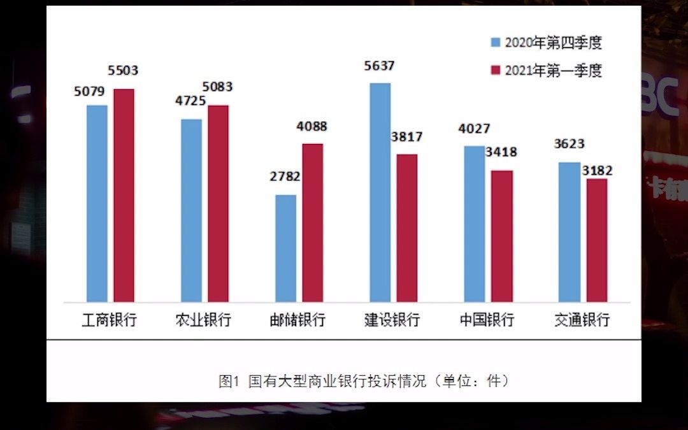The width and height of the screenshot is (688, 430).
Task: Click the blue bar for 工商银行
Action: coord(97,203)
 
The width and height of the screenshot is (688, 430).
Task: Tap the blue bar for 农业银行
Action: coord(191,210)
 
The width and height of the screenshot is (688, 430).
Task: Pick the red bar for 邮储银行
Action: coord(312,222)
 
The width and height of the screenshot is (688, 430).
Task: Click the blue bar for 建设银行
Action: coord(380,192)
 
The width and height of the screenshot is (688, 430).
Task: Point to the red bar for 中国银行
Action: coord(502,236)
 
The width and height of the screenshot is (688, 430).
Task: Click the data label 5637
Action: coord(379,65)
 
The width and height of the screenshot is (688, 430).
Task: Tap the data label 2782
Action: coord(285,176)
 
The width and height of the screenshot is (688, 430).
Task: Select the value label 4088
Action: coord(312,126)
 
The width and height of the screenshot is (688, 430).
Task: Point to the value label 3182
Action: coord(597,171)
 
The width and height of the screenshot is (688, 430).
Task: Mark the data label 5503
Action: coord(124,71)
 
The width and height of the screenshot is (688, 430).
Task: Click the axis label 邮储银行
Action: coord(297,319)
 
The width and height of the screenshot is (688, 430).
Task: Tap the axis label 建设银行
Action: coord(392,319)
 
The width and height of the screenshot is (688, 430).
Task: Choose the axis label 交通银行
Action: coord(582,319)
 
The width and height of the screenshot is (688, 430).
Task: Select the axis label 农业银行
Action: coord(203,319)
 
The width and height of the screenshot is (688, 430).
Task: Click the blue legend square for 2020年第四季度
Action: coord(495,43)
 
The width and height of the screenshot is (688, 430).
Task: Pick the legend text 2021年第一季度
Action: coord(553,70)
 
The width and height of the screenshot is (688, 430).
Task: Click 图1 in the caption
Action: coord(227,381)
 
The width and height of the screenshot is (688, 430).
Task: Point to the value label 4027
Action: coord(475,129)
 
